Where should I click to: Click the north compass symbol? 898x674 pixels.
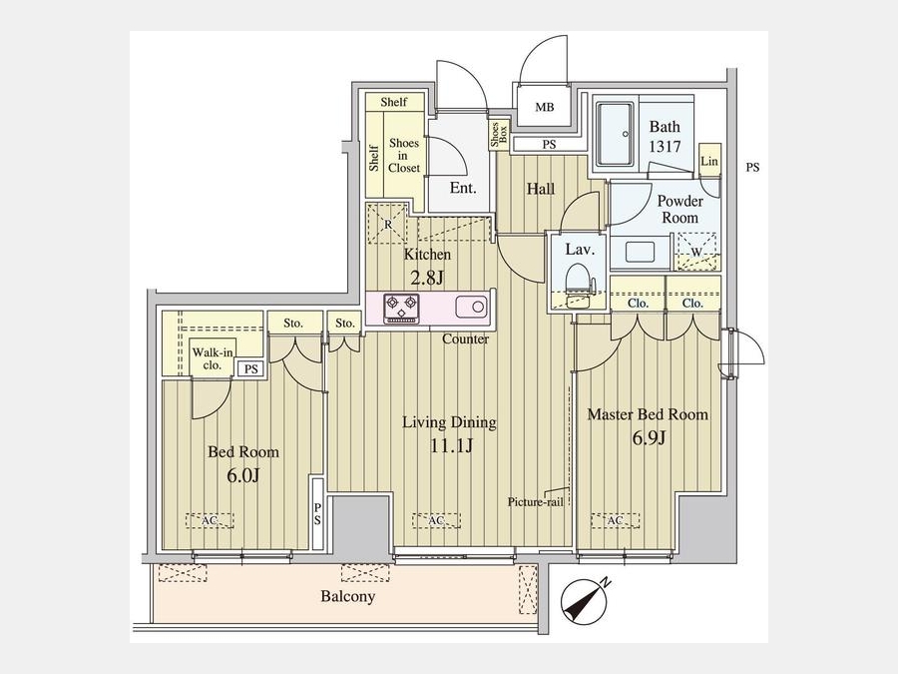584,602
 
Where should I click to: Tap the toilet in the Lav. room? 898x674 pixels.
578,285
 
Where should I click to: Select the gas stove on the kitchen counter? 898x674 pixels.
401,308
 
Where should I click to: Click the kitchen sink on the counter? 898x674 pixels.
472,307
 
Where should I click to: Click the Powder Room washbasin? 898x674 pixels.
641,253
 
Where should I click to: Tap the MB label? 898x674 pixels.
545,107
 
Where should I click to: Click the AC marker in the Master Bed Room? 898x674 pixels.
615,520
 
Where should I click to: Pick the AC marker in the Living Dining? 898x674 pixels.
436,520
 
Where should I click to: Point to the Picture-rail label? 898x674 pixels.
536,502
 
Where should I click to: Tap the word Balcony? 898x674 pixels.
347,597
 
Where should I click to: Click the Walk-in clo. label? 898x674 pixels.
212,358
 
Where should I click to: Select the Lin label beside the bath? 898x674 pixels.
709,161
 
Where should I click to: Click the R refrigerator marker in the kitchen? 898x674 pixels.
388,224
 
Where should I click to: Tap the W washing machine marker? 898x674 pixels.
696,251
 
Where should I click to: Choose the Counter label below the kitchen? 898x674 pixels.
466,338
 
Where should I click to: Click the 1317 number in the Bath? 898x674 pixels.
665,147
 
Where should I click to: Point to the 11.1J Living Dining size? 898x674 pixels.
451,445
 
